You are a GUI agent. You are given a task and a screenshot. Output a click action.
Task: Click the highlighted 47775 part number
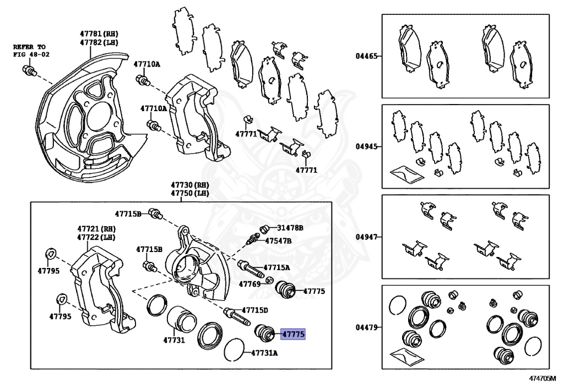[x=293, y=333]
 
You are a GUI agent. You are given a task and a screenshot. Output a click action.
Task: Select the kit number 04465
[x=366, y=56]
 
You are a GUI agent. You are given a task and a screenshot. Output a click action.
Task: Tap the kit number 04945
[x=366, y=147]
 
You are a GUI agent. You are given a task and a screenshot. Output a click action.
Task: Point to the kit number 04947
[x=366, y=237]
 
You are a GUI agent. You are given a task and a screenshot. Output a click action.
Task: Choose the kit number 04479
[x=366, y=327]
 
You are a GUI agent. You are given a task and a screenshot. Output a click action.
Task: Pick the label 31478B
[x=290, y=227]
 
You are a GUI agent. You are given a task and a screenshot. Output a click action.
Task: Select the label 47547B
[x=278, y=240]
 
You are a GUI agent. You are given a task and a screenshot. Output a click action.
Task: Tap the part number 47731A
[x=264, y=353]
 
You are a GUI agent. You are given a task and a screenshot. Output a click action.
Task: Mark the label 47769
[x=249, y=284]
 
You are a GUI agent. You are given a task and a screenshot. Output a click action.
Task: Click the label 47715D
[x=255, y=310]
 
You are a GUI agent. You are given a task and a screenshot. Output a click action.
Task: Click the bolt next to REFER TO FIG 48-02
[x=29, y=70]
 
